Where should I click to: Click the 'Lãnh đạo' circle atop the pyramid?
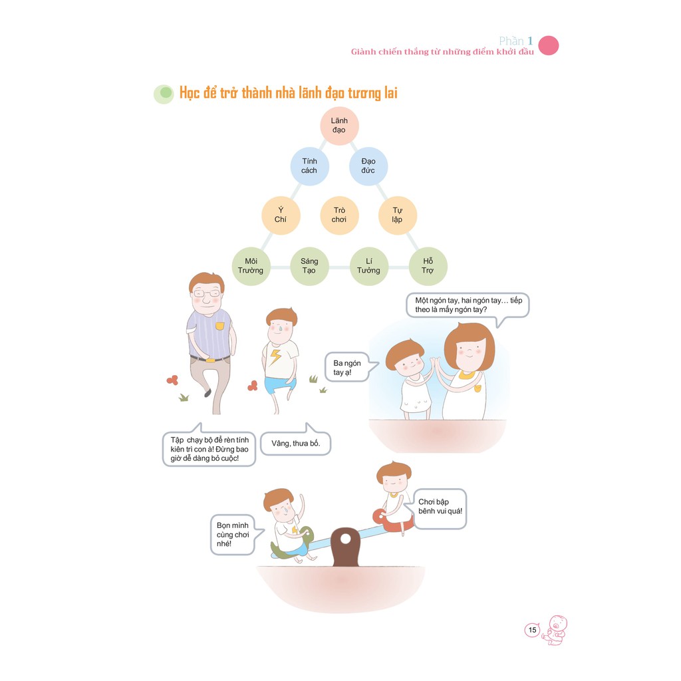pyautogui.click(x=339, y=126)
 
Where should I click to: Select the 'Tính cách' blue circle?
pyautogui.click(x=309, y=166)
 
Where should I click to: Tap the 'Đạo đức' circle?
pyautogui.click(x=368, y=166)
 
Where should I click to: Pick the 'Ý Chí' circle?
pyautogui.click(x=281, y=215)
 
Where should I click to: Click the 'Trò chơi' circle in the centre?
pyautogui.click(x=339, y=215)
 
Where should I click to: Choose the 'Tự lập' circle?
pyautogui.click(x=397, y=215)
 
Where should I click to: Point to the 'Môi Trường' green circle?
pyautogui.click(x=251, y=265)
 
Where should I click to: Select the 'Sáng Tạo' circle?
pyautogui.click(x=309, y=265)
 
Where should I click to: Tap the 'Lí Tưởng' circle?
pyautogui.click(x=368, y=265)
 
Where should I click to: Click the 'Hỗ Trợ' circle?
pyautogui.click(x=428, y=265)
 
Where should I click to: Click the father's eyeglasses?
pyautogui.click(x=206, y=293)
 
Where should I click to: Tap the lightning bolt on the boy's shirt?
pyautogui.click(x=275, y=358)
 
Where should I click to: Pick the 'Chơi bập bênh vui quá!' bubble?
pyautogui.click(x=440, y=510)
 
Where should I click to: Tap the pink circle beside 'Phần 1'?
pyautogui.click(x=548, y=45)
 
